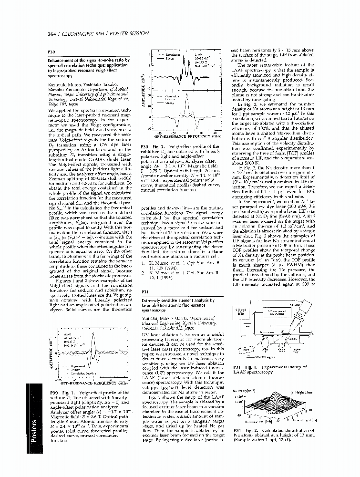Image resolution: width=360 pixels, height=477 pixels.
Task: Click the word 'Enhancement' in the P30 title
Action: click(x=61, y=61)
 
